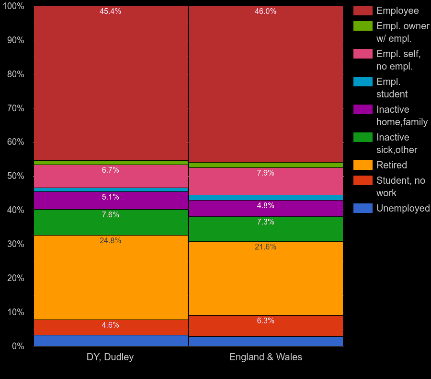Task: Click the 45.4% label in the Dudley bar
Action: point(110,12)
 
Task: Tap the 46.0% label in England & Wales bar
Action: point(265,12)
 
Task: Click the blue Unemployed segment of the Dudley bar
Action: point(110,341)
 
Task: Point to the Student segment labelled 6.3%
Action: point(266,326)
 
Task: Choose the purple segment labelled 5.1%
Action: point(110,201)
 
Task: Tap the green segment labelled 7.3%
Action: point(266,229)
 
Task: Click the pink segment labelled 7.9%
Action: point(266,181)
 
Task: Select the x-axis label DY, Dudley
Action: point(110,357)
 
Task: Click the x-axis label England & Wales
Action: point(266,357)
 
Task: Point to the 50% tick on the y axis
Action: point(15,176)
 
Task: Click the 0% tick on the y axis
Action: point(18,346)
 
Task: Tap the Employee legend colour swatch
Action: point(363,11)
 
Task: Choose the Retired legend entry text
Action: point(391,165)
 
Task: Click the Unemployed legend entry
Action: point(403,208)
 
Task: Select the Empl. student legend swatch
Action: point(363,82)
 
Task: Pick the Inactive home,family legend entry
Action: point(401,116)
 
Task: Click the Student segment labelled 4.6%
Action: point(110,327)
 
